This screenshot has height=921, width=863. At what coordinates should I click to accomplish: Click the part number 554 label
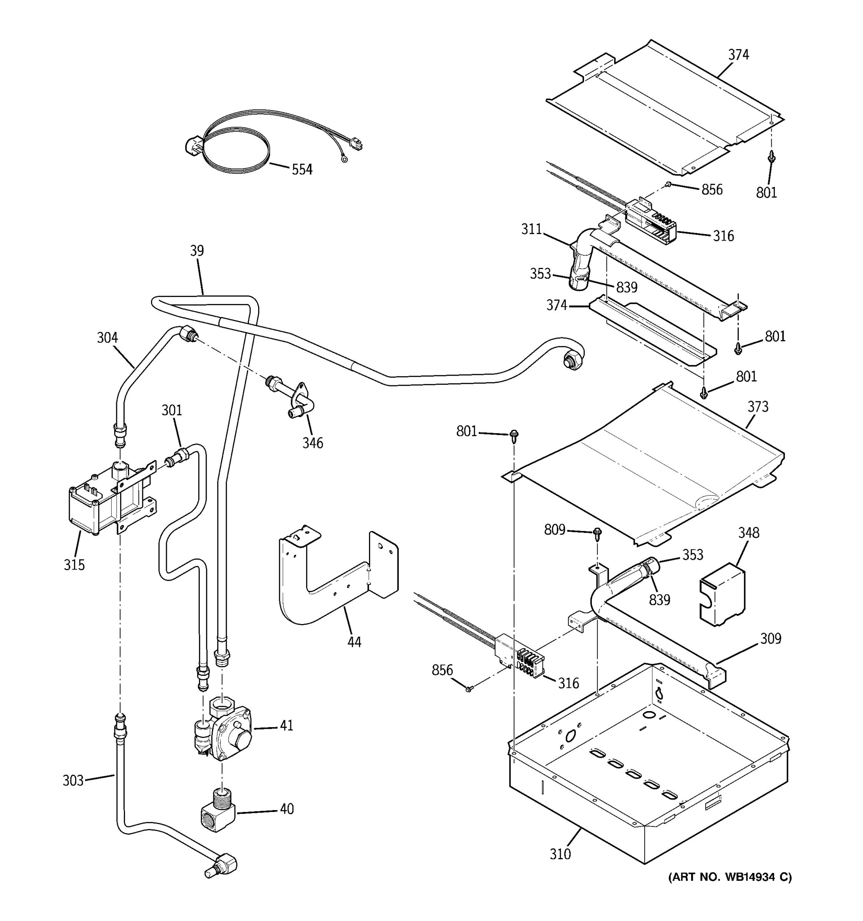coord(302,170)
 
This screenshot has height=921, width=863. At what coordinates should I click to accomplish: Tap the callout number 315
coord(74,565)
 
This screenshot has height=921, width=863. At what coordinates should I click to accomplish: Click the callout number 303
coord(73,781)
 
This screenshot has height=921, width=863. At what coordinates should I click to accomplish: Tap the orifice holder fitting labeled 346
coord(296,398)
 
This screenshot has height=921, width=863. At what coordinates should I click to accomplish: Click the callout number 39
coord(197,251)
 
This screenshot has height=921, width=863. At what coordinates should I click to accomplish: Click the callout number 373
coord(758,407)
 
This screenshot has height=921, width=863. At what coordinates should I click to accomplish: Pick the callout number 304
coord(107,338)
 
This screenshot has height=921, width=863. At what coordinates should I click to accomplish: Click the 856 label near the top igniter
coord(711,190)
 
